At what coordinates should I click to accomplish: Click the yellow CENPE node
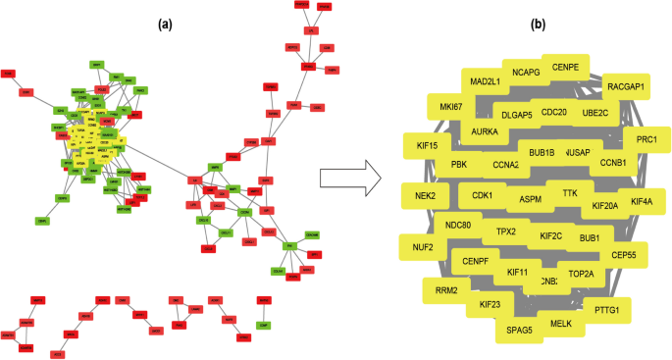565,67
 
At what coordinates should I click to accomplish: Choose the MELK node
561,323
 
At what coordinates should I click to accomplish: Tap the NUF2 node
423,247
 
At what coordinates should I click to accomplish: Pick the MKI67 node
450,107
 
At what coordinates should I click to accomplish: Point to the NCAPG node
527,72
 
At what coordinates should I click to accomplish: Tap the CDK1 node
483,195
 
